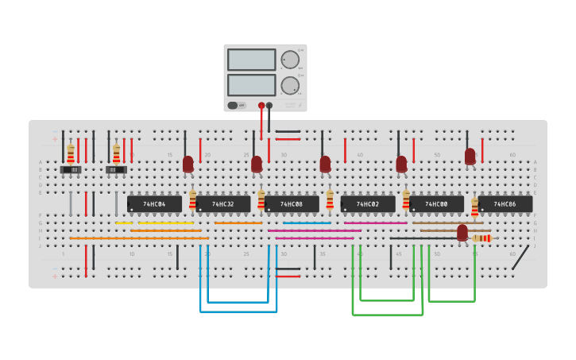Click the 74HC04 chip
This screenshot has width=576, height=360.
[154, 204]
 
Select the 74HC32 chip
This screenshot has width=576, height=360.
[222, 204]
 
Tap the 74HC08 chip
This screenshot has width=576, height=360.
[292, 204]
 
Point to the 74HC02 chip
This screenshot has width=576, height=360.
[368, 204]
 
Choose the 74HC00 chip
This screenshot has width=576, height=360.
[436, 204]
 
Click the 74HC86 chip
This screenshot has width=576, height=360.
[504, 204]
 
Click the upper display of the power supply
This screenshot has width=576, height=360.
[251, 60]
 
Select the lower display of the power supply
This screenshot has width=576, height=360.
[251, 84]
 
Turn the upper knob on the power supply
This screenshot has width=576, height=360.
[290, 60]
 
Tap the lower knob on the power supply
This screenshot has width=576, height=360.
[290, 85]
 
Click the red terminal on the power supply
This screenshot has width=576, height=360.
[261, 105]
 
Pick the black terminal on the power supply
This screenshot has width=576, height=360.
[269, 105]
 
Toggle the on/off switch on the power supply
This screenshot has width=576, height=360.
[233, 105]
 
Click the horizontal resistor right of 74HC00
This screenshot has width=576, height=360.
[481, 238]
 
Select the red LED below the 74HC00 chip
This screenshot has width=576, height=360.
[462, 232]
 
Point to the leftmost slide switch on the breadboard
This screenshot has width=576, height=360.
[71, 169]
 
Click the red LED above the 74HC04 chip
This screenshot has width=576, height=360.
[187, 164]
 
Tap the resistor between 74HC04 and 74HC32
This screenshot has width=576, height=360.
[192, 199]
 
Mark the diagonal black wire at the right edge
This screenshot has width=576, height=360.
[520, 257]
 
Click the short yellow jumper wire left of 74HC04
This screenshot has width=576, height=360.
[124, 223]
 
